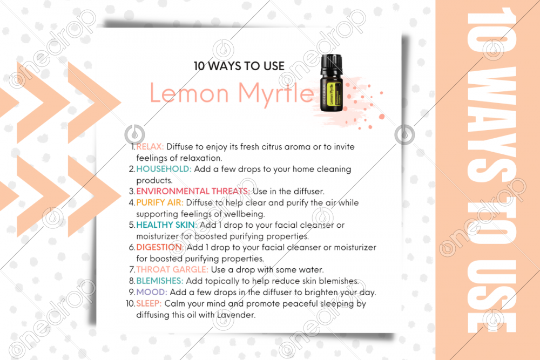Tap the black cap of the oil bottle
click(330, 64)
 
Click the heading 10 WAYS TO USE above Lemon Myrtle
click(239, 66)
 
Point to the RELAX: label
click(150, 147)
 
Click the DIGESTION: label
click(159, 247)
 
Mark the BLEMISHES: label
click(160, 281)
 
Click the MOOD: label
click(151, 292)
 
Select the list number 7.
click(131, 269)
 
